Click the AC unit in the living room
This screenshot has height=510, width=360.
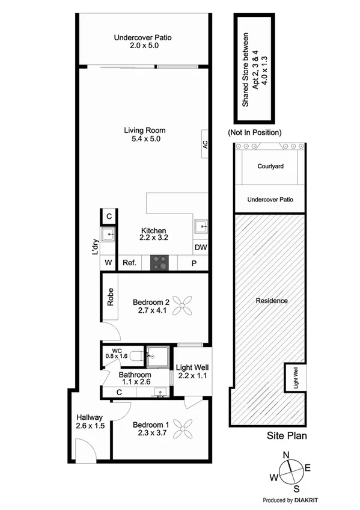tap(204, 144)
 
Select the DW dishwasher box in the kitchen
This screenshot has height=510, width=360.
tap(201, 247)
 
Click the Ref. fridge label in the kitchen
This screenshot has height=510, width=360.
tap(129, 263)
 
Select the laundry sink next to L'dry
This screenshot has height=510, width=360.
tap(109, 234)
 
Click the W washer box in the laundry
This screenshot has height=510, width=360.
tap(109, 263)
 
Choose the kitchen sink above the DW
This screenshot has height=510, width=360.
tap(201, 227)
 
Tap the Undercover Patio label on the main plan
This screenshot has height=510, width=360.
tap(142, 38)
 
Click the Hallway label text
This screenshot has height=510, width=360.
tap(90, 417)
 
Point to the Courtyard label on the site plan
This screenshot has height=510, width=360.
tap(270, 167)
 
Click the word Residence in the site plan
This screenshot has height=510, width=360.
tap(271, 301)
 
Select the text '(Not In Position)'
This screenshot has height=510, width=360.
tap(255, 132)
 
